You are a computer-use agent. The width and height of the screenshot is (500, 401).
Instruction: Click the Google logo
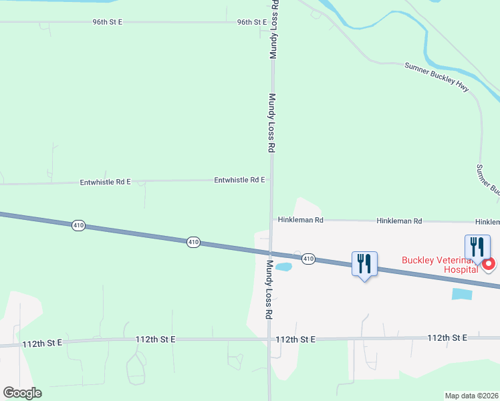[x=22, y=393]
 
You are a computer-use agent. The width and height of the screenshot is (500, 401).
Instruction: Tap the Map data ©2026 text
[x=472, y=396]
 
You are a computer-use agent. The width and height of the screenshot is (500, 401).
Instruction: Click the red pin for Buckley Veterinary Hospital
[x=489, y=264]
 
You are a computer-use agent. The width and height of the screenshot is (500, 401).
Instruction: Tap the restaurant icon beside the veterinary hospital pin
[x=477, y=247]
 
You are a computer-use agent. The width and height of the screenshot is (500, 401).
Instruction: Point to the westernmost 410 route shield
[x=79, y=226]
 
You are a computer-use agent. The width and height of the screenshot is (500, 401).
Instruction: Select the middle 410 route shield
[x=193, y=242]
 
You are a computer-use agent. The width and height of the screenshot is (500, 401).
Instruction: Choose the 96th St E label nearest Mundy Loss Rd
[x=252, y=22]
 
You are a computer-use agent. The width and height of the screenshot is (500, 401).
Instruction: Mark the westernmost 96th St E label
[x=108, y=22]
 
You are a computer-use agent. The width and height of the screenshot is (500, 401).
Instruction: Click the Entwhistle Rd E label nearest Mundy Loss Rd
[x=239, y=180]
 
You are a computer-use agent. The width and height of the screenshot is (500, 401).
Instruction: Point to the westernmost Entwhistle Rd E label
[x=105, y=181]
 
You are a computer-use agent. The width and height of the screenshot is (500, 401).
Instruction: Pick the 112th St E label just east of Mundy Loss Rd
[x=295, y=340]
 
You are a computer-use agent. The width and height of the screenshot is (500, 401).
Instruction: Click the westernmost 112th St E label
[x=41, y=343]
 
